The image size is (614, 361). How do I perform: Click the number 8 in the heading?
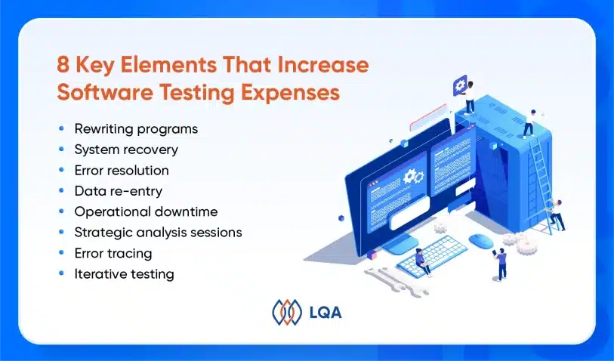[x=63, y=65]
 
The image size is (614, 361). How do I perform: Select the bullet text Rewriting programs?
[x=136, y=129]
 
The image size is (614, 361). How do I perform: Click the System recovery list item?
[x=126, y=150]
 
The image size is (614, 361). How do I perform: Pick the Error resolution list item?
[x=122, y=171]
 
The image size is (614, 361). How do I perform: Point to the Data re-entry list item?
[x=119, y=191]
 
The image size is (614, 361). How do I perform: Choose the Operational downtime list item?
[x=146, y=211]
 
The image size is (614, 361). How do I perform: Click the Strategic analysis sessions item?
[x=158, y=233]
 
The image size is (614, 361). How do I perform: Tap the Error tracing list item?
[x=113, y=253]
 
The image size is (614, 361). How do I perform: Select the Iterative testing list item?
[x=124, y=274]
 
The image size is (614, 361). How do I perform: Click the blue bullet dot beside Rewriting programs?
[x=61, y=128]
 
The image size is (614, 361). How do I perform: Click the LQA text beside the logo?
[x=326, y=313]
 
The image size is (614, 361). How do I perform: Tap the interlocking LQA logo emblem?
[x=287, y=312]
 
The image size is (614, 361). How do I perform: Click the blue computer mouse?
[x=480, y=241]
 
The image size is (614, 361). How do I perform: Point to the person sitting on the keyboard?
[x=421, y=261]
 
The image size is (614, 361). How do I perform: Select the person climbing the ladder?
[x=557, y=214]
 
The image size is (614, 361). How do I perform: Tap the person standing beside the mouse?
[x=501, y=264]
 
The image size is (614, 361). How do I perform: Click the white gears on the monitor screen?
[x=414, y=177]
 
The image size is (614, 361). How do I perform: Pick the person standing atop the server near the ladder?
[x=530, y=123]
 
